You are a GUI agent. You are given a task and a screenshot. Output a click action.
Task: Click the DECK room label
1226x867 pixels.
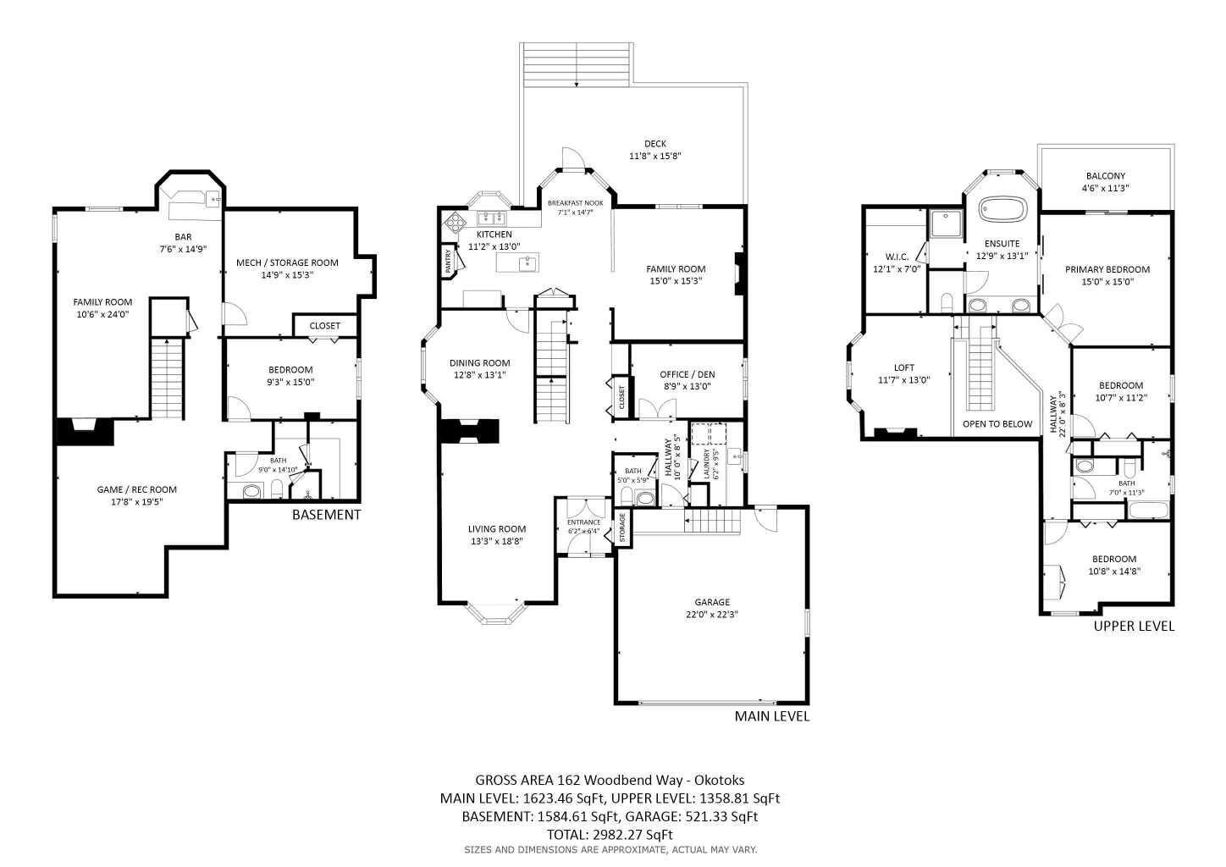coord(654,144)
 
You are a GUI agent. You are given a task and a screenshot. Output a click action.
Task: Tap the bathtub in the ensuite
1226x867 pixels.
coord(1002,208)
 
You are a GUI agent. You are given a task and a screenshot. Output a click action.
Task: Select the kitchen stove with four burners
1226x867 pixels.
coord(456,221)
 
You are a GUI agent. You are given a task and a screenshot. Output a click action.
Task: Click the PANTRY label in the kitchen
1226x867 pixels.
coord(447,260)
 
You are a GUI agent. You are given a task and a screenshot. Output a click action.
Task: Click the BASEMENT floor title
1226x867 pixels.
coord(326,515)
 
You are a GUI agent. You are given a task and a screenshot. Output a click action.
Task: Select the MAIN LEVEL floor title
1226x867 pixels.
coord(771,716)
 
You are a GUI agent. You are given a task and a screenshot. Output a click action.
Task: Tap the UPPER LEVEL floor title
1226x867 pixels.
coord(1133,627)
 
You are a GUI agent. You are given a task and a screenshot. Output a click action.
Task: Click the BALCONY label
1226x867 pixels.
coord(1106,176)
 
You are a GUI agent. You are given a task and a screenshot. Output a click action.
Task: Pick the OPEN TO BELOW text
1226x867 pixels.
coord(997,423)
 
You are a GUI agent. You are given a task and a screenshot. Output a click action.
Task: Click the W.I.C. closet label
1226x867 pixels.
coord(897,257)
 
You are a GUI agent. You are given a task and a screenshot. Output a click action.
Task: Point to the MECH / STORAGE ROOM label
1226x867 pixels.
coord(287,262)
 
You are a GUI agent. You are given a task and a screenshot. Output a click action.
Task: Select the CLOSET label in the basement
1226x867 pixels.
coord(324,326)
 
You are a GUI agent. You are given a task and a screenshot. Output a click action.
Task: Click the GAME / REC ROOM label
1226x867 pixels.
coord(136,489)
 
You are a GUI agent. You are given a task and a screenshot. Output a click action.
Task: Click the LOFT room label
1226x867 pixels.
coord(903,367)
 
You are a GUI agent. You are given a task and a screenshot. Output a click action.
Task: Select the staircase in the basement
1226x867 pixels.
coord(167,377)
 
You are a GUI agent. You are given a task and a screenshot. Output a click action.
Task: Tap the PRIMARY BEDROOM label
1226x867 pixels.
coord(1107,269)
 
